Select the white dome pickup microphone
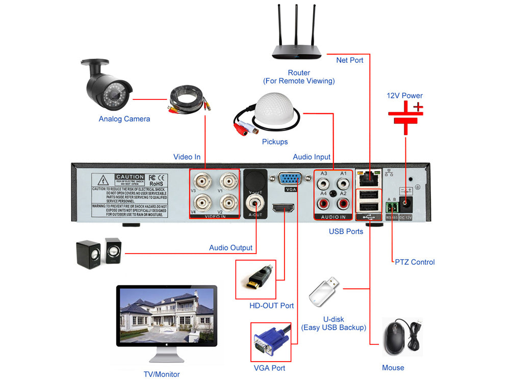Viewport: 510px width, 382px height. click(x=277, y=113)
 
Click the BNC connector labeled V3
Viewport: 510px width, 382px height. click(x=202, y=181)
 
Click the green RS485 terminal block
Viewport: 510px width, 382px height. click(x=392, y=207)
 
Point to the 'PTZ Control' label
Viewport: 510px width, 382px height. click(x=415, y=262)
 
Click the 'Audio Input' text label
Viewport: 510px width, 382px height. click(x=312, y=157)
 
